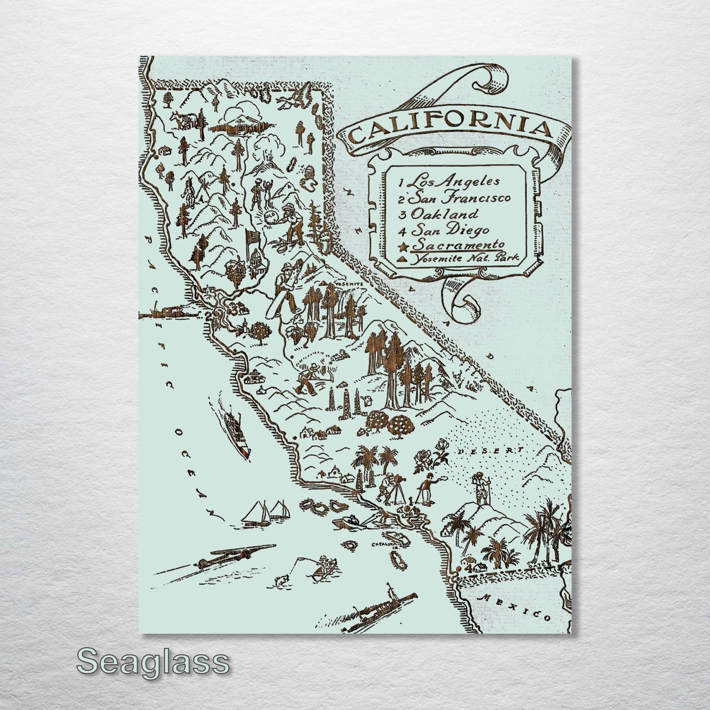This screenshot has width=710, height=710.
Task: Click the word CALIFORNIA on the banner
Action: [x=451, y=130]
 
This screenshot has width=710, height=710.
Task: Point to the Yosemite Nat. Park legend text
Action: [x=465, y=258]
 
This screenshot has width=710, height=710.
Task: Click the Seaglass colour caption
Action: [x=153, y=662]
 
